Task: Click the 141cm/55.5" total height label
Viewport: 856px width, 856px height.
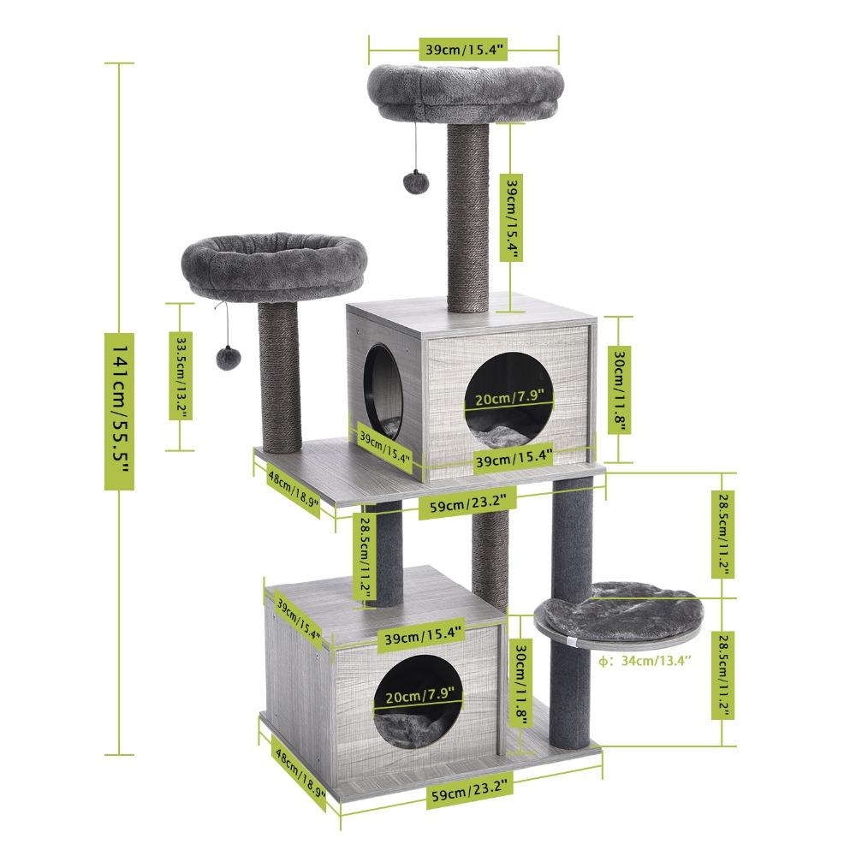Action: (x=120, y=411)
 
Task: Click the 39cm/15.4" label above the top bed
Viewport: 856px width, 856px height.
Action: (x=462, y=50)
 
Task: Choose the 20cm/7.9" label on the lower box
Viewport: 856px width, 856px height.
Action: (x=412, y=696)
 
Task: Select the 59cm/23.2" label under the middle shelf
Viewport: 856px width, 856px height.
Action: (x=467, y=506)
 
